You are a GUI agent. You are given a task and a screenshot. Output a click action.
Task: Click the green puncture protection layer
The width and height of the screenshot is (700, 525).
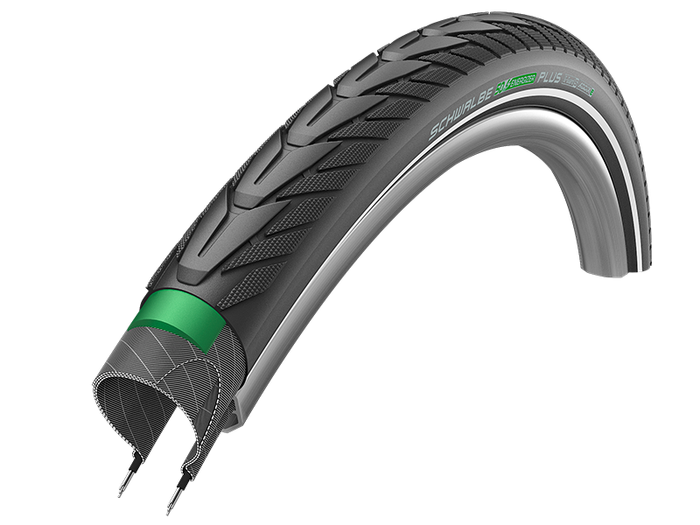(175, 322)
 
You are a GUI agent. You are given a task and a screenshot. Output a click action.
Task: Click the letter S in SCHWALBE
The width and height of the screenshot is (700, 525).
(432, 134)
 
